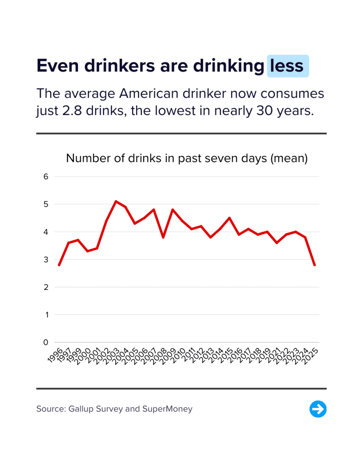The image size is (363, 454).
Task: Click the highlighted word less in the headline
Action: pyautogui.click(x=287, y=66)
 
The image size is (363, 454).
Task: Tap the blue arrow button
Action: pyautogui.click(x=318, y=409)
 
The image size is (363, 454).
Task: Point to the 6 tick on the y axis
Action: pyautogui.click(x=45, y=176)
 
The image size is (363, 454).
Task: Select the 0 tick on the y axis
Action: pyautogui.click(x=45, y=342)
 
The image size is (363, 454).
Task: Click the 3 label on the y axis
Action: pyautogui.click(x=45, y=259)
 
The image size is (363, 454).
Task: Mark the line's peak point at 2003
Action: pyautogui.click(x=116, y=201)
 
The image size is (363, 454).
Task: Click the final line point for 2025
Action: pyautogui.click(x=315, y=265)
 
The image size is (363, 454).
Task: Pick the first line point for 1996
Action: pyautogui.click(x=59, y=265)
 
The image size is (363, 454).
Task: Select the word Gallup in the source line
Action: pyautogui.click(x=82, y=409)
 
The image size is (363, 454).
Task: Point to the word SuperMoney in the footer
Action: pyautogui.click(x=167, y=409)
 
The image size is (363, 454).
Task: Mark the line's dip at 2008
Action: pyautogui.click(x=163, y=238)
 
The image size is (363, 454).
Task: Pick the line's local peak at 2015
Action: pyautogui.click(x=229, y=218)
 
